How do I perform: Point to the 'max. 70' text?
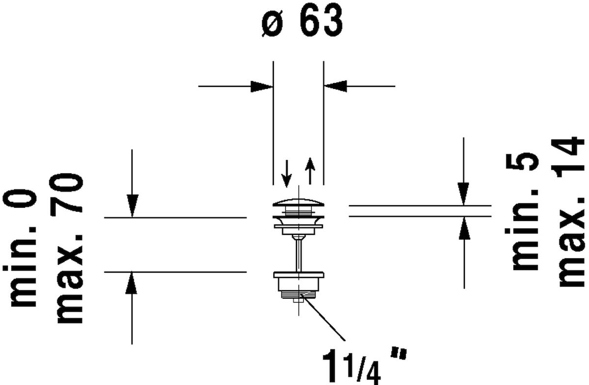pyautogui.click(x=69, y=248)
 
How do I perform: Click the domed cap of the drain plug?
pyautogui.click(x=298, y=202)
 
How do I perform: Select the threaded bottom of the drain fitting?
pyautogui.click(x=298, y=295)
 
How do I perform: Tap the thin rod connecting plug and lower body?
pyautogui.click(x=298, y=253)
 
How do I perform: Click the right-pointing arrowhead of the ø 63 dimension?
pyautogui.click(x=262, y=86)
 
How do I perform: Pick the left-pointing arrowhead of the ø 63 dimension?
pyautogui.click(x=336, y=86)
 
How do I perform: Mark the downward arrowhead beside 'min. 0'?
pyautogui.click(x=132, y=205)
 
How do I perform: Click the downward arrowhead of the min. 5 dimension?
pyautogui.click(x=463, y=194)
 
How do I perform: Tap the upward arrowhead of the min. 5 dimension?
pyautogui.click(x=463, y=228)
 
